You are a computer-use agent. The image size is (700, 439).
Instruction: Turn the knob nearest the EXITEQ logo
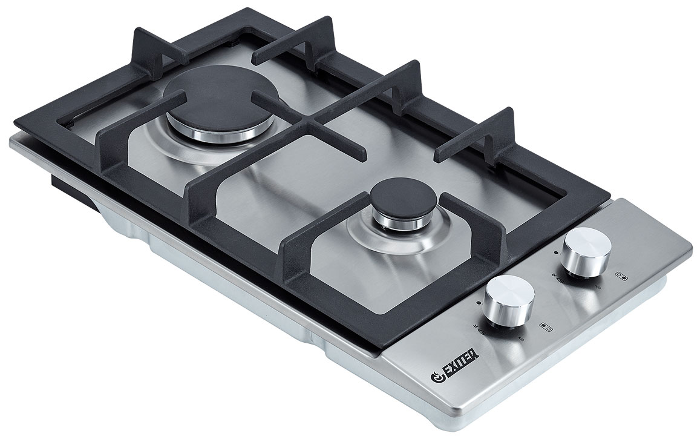coord(510,300)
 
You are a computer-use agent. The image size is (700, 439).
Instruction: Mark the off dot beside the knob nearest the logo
coord(478,302)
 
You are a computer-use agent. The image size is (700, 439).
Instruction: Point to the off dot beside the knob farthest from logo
coord(555,252)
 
